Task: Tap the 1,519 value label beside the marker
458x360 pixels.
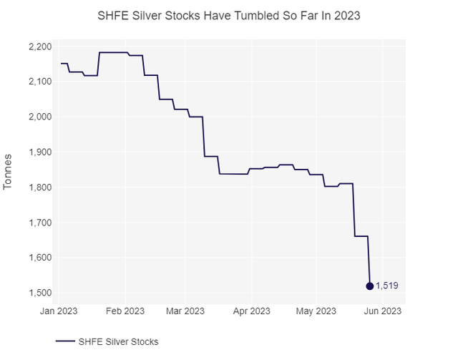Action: (x=387, y=286)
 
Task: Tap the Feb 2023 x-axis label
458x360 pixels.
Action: (x=125, y=311)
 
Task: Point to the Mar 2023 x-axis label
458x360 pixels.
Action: (x=185, y=311)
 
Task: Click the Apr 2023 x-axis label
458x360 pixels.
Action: (x=250, y=311)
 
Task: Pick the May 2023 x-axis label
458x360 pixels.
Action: (x=316, y=311)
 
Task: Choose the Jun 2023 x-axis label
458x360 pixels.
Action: (x=381, y=311)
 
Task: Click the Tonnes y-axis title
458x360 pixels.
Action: (x=9, y=171)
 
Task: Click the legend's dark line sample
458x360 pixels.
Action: (x=67, y=341)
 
